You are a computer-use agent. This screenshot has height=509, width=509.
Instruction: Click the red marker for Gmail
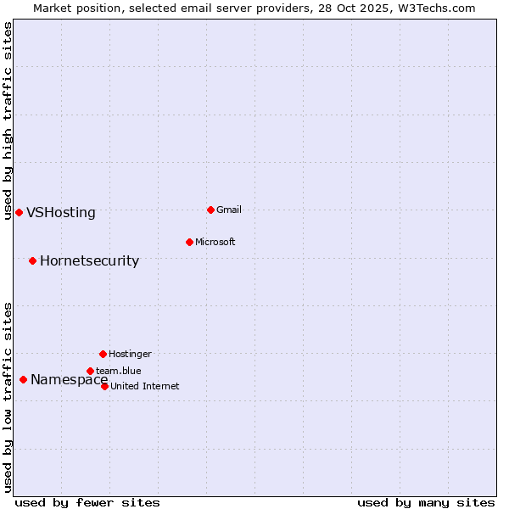(210, 210)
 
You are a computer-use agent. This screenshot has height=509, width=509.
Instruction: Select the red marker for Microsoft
(189, 242)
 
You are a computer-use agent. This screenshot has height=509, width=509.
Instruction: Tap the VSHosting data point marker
(19, 212)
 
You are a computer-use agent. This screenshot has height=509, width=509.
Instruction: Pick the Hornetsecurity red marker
(32, 260)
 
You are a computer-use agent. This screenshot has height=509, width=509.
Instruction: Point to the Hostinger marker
(103, 354)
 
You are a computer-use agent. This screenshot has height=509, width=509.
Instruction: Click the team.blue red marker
(90, 371)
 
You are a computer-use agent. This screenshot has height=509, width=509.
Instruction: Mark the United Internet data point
(104, 386)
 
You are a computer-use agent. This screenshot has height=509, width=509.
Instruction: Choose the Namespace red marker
(23, 379)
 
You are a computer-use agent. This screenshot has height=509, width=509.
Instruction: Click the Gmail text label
(229, 210)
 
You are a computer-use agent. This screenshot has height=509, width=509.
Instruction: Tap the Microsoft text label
(215, 242)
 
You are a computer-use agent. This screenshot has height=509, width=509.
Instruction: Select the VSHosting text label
(61, 213)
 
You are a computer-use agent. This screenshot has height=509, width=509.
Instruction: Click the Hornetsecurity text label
(89, 261)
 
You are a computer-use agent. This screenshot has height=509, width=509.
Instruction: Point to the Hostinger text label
(130, 354)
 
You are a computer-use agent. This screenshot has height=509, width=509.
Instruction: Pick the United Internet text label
(144, 386)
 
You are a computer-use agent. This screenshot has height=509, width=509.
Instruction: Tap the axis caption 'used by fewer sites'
(87, 503)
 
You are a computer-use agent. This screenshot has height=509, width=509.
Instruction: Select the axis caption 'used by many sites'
(426, 503)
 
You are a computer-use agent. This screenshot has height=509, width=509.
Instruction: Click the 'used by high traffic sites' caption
(8, 120)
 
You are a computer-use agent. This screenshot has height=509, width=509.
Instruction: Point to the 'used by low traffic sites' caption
(8, 397)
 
